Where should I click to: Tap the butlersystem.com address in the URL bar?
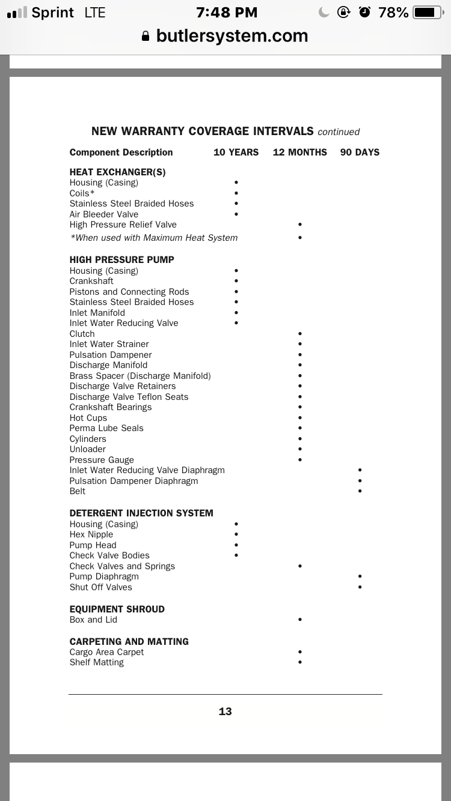pos(232,36)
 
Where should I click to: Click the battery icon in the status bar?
pos(427,13)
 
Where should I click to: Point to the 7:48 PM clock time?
pos(227,13)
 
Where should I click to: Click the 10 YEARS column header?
pos(236,153)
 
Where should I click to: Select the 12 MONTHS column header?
pos(299,153)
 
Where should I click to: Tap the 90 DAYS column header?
pos(360,153)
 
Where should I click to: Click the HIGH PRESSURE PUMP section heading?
pos(121,260)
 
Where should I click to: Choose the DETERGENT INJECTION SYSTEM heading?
pos(141,513)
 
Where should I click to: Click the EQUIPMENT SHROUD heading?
pos(117,609)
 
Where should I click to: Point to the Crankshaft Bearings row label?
pos(111,407)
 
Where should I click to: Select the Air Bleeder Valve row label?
pos(103,214)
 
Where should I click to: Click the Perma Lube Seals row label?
pos(106,428)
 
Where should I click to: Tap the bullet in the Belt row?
pos(360,491)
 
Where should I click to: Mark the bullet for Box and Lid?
pos(299,620)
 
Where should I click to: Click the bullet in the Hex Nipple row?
pos(236,534)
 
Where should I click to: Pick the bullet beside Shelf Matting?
pos(299,662)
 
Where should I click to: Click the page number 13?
pos(225,712)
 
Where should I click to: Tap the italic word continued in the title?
pos(339,132)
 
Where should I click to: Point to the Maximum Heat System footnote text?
pos(153,238)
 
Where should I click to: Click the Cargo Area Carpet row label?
pos(106,652)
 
